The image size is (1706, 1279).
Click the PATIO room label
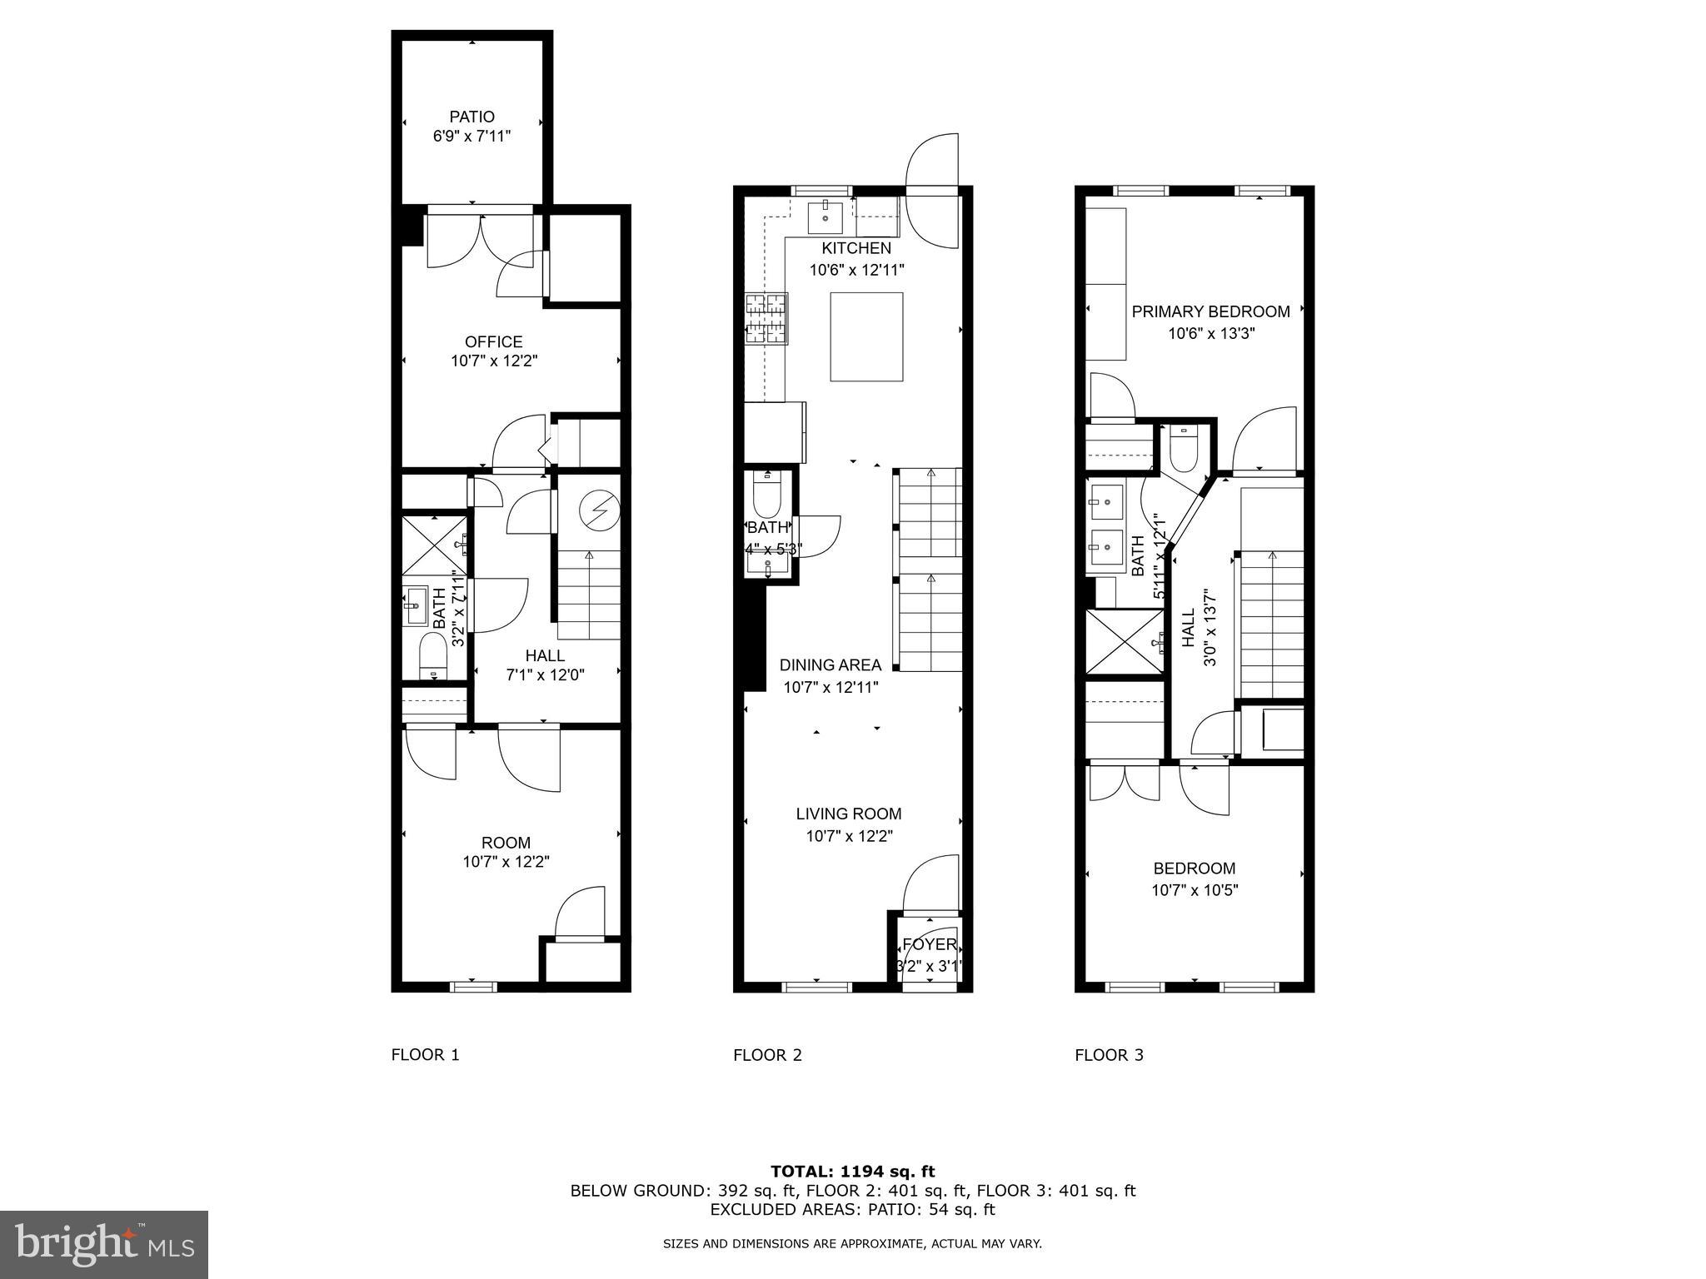coord(471,117)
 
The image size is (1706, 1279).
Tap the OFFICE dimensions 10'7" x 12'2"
coord(494,361)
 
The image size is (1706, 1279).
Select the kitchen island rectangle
coord(866,336)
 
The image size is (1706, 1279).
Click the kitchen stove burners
coord(766,319)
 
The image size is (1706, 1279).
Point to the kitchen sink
coord(826,216)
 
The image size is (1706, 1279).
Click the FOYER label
coord(930,945)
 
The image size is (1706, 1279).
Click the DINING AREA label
coord(830,665)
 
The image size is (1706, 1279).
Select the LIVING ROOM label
coord(848,814)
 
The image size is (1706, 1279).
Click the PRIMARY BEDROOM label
coord(1210,312)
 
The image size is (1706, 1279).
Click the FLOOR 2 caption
coord(767,1055)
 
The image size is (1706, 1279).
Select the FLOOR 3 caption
coord(1109,1055)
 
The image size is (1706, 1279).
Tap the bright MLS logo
coord(104,1244)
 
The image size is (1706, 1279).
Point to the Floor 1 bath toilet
coord(432,656)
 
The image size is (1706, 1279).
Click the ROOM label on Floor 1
coord(506,843)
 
